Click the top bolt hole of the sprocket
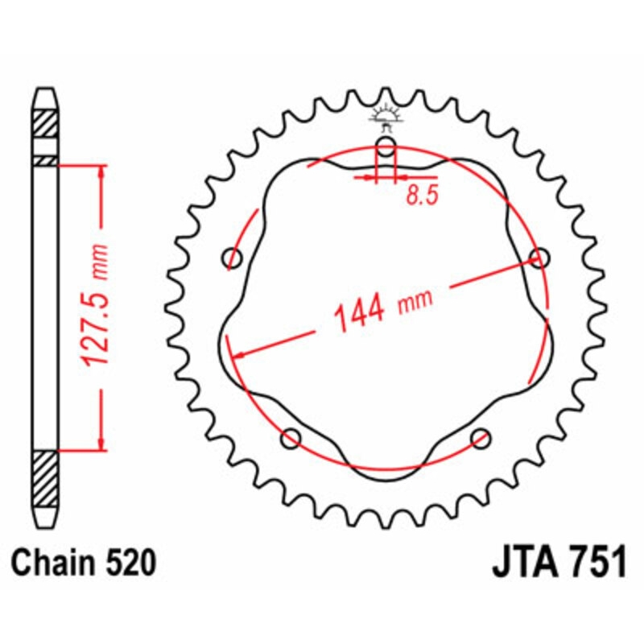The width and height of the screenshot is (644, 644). tap(386, 147)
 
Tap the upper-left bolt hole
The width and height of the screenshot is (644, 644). tap(233, 258)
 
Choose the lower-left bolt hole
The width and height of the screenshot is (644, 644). tap(291, 438)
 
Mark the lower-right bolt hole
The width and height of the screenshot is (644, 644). tap(481, 438)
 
